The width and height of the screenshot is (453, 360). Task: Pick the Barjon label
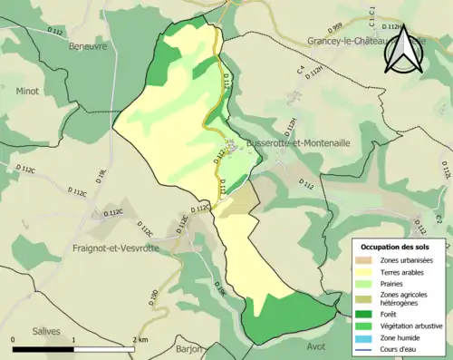[x=190, y=348]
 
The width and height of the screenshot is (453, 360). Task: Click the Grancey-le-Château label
[x=348, y=41]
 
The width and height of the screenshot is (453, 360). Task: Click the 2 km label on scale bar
[x=140, y=339]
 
